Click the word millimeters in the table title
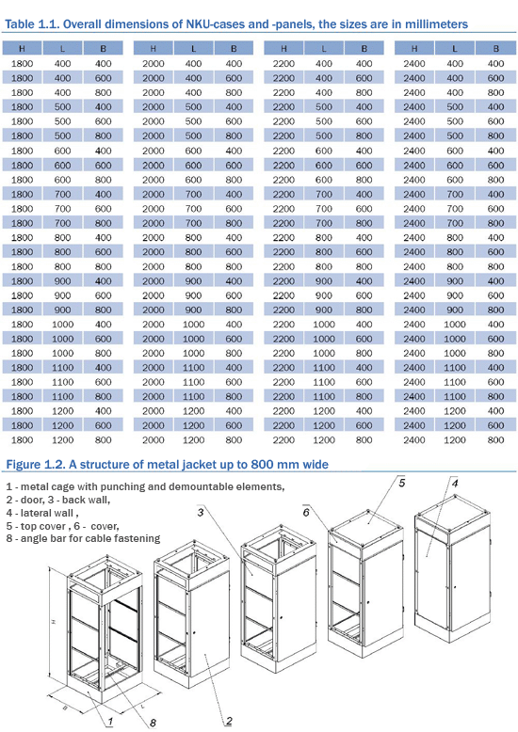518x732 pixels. tap(436, 24)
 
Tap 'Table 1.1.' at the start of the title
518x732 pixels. tap(32, 24)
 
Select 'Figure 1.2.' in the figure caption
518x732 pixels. tap(36, 465)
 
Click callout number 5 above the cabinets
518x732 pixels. tap(402, 483)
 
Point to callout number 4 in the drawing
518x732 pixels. tap(455, 483)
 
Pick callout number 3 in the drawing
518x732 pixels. tap(200, 513)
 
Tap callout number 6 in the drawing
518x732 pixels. tap(306, 513)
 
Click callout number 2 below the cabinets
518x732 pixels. tap(229, 721)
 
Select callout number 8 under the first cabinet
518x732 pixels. tap(153, 724)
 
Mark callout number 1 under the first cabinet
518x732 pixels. tap(110, 722)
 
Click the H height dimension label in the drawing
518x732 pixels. tap(54, 621)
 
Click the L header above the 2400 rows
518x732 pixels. tap(455, 49)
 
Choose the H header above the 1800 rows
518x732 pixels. tap(22, 49)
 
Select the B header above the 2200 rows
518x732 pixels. tap(364, 49)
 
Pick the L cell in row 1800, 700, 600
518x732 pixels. tap(63, 209)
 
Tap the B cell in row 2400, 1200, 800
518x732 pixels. tap(496, 439)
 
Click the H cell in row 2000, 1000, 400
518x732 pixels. tap(154, 325)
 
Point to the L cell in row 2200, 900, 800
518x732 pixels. tap(324, 310)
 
